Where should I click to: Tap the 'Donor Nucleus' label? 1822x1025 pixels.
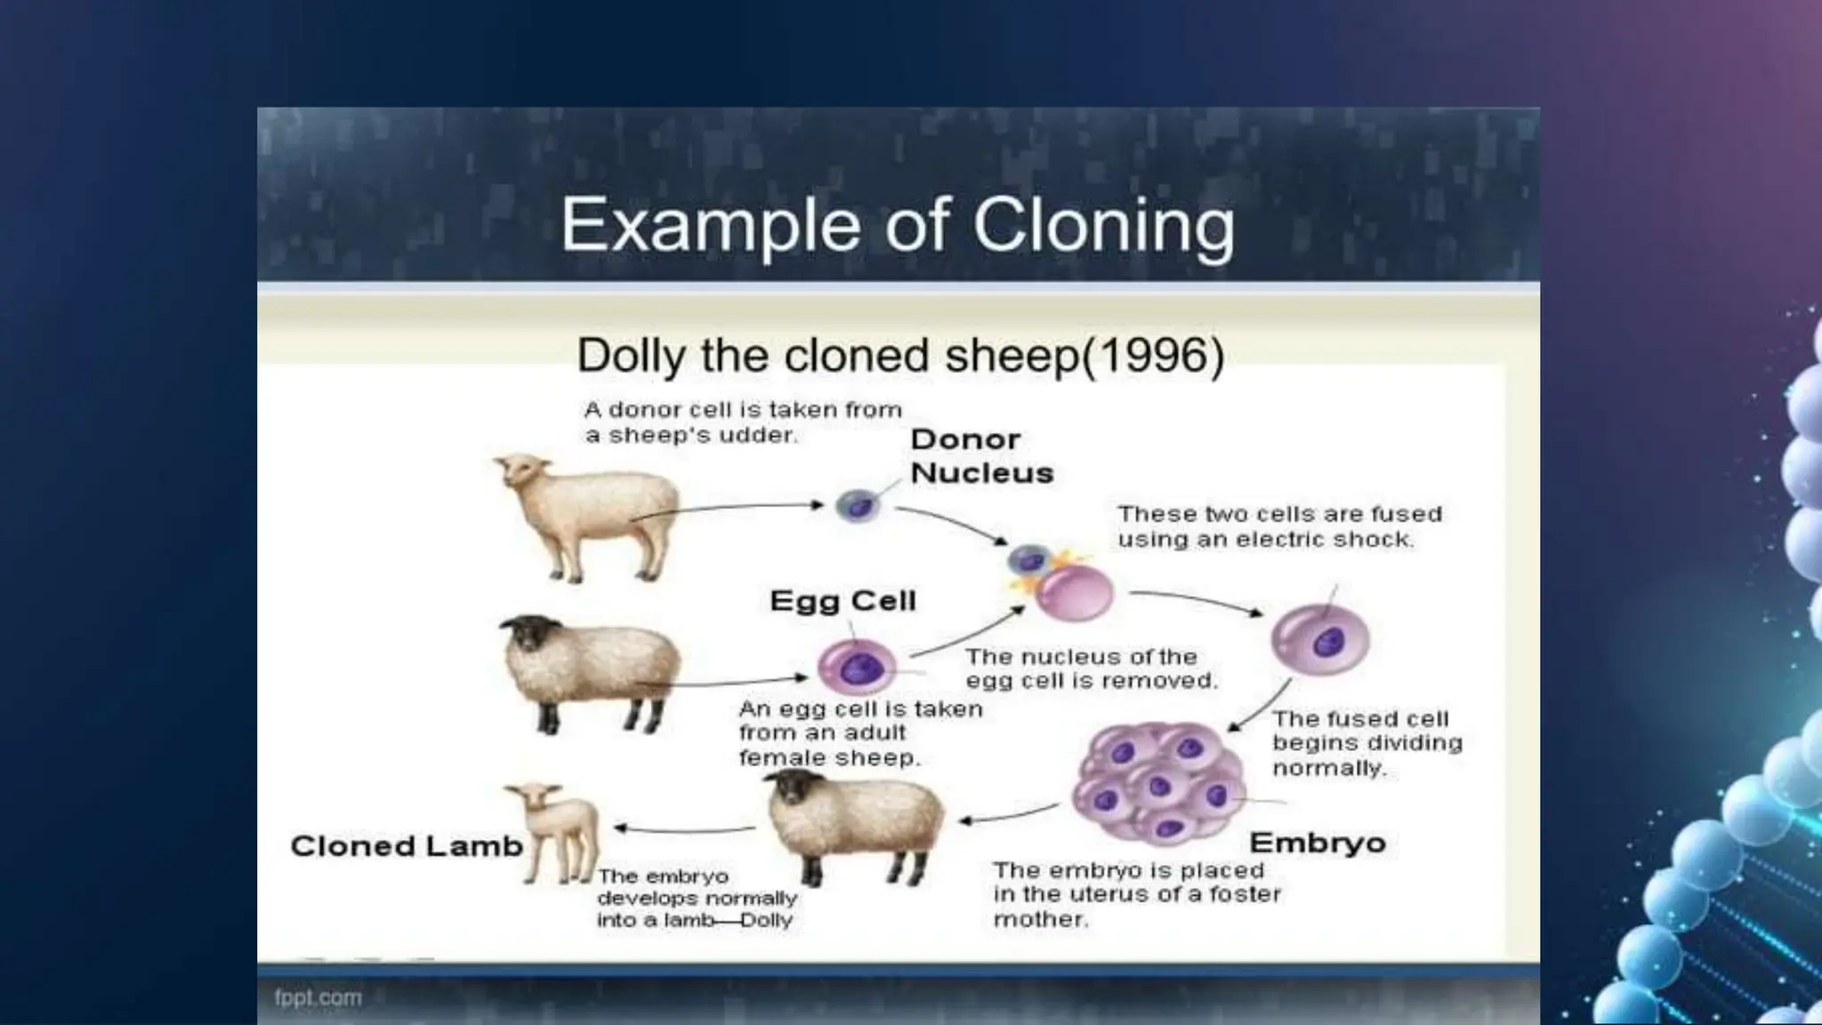pos(980,456)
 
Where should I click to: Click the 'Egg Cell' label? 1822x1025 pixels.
pos(842,601)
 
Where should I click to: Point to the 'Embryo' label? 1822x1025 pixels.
pos(1317,843)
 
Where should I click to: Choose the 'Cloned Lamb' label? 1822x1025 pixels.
pos(406,846)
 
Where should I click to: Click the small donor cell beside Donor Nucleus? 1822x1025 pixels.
pos(857,506)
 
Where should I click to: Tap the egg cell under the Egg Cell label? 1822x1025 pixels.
pos(856,667)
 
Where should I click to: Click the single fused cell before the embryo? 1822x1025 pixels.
pos(1319,640)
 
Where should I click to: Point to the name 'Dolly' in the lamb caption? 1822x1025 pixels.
pos(765,921)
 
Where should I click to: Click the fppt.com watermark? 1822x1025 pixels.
pos(318,997)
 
